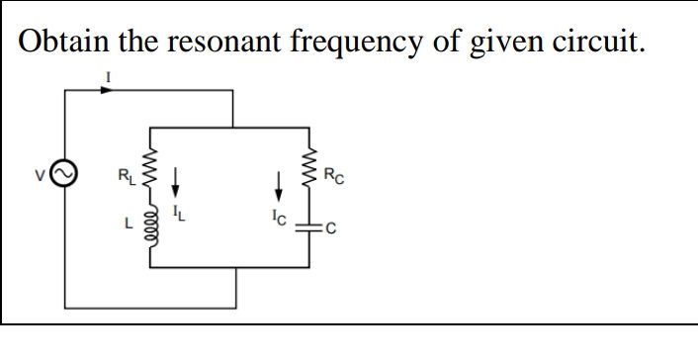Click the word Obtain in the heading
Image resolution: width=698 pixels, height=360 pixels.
pyautogui.click(x=62, y=42)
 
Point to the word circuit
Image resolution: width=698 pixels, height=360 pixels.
pyautogui.click(x=589, y=42)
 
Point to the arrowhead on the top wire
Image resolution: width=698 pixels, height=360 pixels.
pyautogui.click(x=106, y=89)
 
